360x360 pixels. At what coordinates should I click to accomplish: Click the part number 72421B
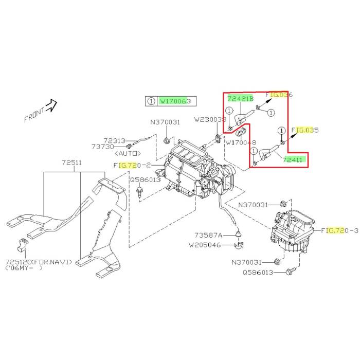[240, 98]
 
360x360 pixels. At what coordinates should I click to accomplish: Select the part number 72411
[294, 160]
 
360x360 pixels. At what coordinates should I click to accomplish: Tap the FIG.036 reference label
[279, 95]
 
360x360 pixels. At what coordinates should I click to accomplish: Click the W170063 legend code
[175, 102]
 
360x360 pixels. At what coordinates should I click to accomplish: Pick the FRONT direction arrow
[51, 106]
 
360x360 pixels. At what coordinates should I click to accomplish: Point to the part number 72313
[115, 140]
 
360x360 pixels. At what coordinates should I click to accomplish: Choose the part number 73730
[115, 147]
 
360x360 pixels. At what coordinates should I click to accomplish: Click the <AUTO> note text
[126, 153]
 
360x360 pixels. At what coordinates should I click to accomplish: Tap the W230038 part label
[210, 119]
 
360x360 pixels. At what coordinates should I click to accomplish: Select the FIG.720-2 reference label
[131, 165]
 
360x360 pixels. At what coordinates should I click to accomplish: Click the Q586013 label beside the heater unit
[146, 180]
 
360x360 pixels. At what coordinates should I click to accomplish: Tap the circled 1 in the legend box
[151, 102]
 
